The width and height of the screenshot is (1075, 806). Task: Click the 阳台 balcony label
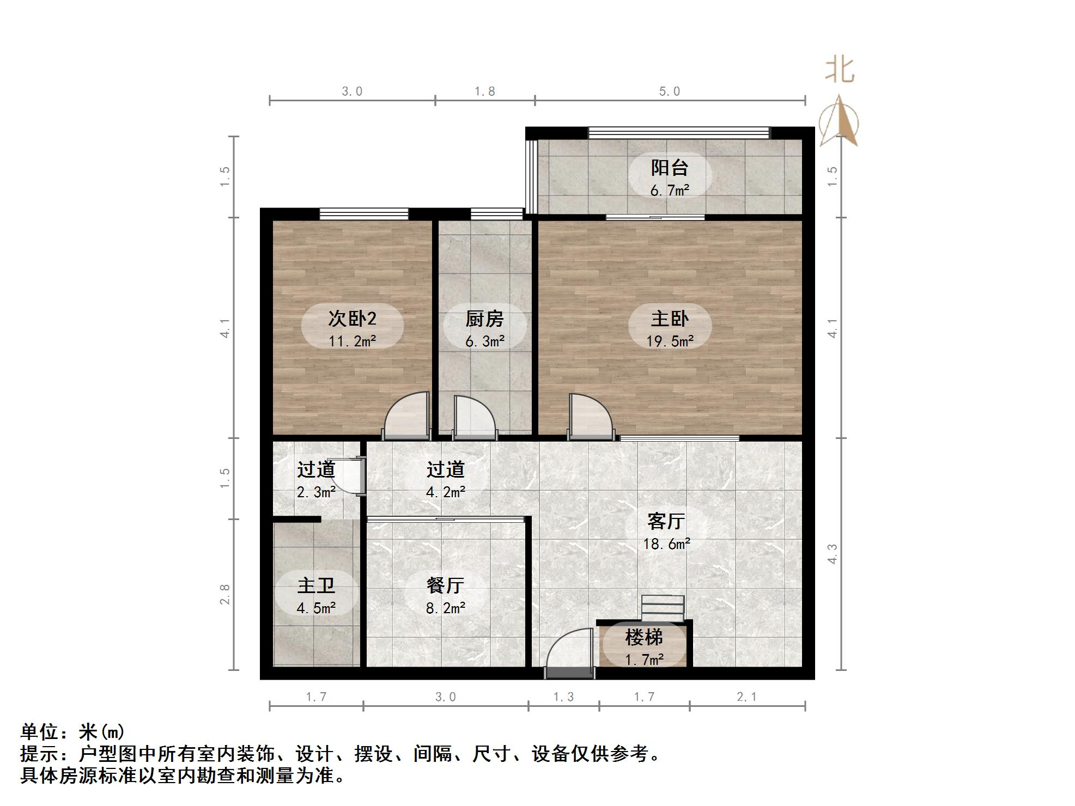(670, 168)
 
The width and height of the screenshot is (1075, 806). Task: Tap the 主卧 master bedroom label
(670, 319)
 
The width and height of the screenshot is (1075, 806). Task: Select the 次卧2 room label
(352, 319)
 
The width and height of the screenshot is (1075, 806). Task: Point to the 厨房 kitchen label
(484, 319)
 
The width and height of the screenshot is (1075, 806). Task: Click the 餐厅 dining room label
(445, 585)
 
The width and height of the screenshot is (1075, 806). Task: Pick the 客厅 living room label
(666, 521)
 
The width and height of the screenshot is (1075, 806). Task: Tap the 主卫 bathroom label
(316, 585)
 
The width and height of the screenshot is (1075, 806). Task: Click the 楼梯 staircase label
(643, 637)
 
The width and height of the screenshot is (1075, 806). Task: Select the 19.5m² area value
(670, 341)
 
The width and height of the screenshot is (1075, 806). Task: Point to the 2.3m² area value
(316, 492)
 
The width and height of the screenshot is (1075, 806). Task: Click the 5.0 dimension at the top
(670, 91)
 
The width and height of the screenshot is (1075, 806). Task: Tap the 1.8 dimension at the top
(484, 91)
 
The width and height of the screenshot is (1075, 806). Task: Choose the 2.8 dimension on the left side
(224, 594)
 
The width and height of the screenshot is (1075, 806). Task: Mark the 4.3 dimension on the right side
(832, 553)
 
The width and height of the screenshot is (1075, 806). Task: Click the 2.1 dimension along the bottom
(746, 697)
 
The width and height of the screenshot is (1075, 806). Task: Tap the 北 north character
(840, 71)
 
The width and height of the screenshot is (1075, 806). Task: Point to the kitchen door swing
(473, 418)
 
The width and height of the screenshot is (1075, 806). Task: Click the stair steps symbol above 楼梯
(663, 608)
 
